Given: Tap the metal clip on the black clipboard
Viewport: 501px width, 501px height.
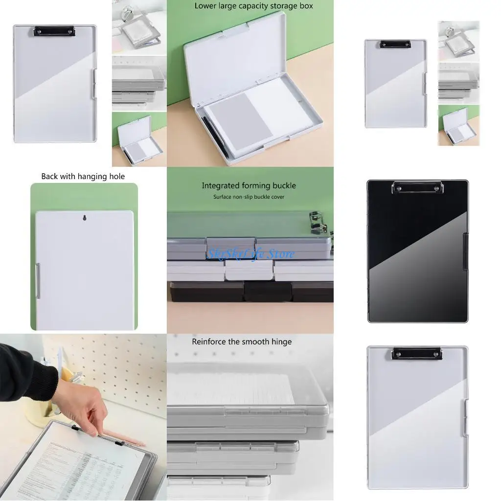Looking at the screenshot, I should pyautogui.click(x=417, y=186).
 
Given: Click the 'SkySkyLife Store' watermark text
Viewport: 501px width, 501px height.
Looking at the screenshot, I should pyautogui.click(x=250, y=253).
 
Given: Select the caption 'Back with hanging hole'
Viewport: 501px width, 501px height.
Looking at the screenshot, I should pyautogui.click(x=83, y=176).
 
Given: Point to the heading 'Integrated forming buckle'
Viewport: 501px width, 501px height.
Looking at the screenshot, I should pyautogui.click(x=249, y=185).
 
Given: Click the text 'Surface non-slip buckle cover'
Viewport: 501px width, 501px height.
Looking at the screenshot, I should pyautogui.click(x=249, y=197).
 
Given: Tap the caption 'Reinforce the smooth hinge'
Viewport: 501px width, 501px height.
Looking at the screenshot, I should pyautogui.click(x=241, y=342).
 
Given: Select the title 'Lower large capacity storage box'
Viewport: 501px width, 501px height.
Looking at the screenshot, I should pyautogui.click(x=253, y=6).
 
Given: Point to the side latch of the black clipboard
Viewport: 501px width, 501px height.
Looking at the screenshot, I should pyautogui.click(x=466, y=251).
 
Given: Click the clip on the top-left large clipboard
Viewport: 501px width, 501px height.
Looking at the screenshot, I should pyautogui.click(x=54, y=31).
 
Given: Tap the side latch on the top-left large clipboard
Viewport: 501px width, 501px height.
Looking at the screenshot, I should pyautogui.click(x=94, y=84).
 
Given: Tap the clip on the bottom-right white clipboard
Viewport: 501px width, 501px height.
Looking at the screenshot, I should pyautogui.click(x=417, y=353).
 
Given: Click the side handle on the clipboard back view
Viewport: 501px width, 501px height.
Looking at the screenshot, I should pyautogui.click(x=38, y=280).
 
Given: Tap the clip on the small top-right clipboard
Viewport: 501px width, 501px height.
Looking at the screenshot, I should pyautogui.click(x=394, y=44).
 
